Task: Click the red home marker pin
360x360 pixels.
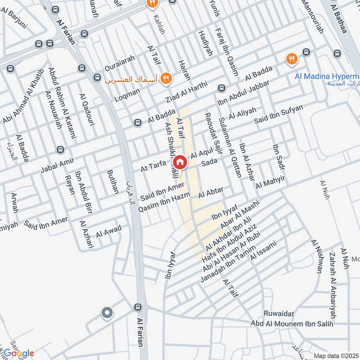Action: point(180,162)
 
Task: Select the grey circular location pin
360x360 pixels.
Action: point(107,313)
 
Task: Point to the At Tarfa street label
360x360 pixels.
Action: point(154,167)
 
